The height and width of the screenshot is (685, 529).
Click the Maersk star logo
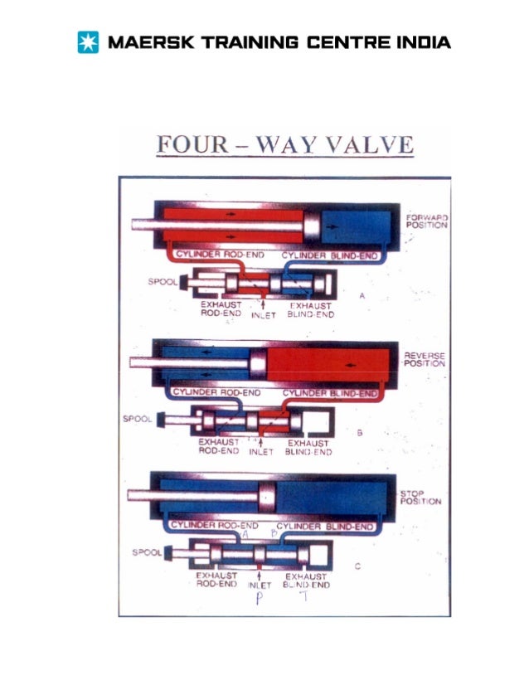[86, 41]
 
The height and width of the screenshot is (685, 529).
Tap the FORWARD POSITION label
[427, 221]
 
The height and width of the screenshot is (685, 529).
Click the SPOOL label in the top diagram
[161, 282]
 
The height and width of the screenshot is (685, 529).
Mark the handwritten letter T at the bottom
[304, 600]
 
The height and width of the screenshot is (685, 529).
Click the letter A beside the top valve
[362, 295]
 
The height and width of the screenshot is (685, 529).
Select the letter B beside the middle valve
[360, 432]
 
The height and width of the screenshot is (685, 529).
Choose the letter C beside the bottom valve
[357, 568]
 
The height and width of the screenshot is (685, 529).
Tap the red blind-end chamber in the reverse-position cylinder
[332, 363]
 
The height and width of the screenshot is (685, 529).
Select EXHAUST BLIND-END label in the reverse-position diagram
[308, 447]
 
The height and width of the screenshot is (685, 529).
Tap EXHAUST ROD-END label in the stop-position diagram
[217, 579]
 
